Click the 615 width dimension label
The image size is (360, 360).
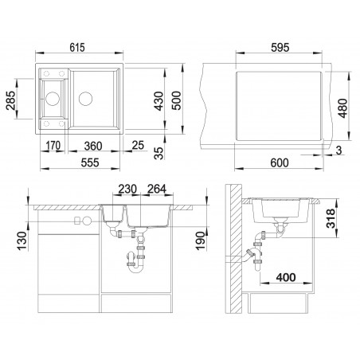tap(77, 48)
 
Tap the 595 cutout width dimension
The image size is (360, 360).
tap(280, 48)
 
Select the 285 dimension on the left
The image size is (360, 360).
tap(11, 100)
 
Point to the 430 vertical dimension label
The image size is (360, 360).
tap(159, 101)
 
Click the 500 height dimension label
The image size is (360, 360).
tap(177, 100)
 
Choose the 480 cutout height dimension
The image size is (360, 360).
tap(343, 108)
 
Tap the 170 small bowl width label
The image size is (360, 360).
tap(53, 146)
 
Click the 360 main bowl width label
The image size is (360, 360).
tap(93, 146)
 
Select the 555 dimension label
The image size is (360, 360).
tap(90, 162)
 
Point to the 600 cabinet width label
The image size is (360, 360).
tap(280, 162)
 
